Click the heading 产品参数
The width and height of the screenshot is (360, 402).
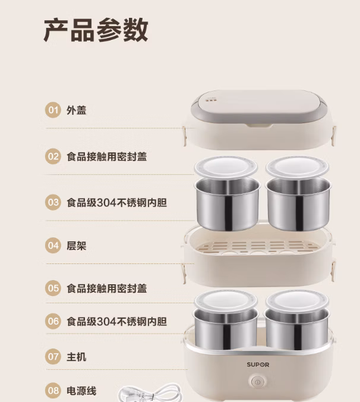96,30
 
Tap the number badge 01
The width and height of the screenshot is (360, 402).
53,110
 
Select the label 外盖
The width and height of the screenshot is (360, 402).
76,110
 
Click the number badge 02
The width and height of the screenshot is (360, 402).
53,156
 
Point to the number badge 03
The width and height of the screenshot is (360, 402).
53,203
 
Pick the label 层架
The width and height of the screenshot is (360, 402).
76,246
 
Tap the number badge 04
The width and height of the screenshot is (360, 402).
53,246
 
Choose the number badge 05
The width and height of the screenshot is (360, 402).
53,288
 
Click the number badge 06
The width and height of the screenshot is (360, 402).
53,321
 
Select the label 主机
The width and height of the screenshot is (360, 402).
76,357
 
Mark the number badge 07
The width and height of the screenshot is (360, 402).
53,357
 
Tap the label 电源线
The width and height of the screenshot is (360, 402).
81,391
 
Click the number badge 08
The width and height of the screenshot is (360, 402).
53,391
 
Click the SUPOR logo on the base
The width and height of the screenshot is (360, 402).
258,365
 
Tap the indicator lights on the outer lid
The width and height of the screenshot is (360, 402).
210,100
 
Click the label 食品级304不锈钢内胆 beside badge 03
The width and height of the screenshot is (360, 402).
117,203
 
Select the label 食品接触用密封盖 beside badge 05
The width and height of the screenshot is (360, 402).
107,288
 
